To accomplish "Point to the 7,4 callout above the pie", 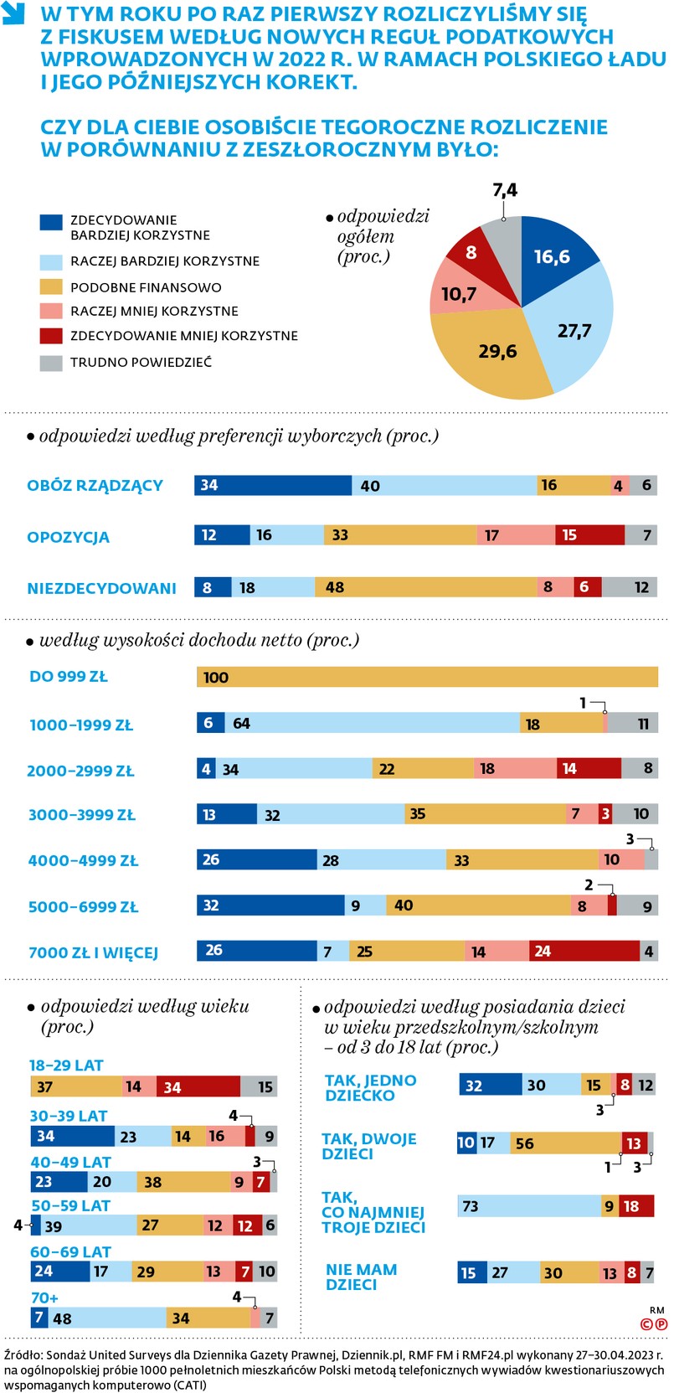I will coord(505,191).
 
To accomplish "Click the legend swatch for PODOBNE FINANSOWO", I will coord(51,286).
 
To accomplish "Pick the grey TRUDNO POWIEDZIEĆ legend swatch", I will coord(51,363).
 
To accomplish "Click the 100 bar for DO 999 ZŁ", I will coord(427,677).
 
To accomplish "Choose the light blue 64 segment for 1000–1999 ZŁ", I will coord(368,723).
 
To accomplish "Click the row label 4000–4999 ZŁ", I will coord(83,860).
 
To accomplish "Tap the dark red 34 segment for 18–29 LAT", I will coord(198,1087).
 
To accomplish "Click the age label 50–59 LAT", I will coord(70,1205).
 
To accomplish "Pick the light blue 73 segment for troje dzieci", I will coord(528,1206).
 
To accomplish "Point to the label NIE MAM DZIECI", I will coord(361,1277).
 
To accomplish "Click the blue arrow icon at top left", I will coord(14,14).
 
